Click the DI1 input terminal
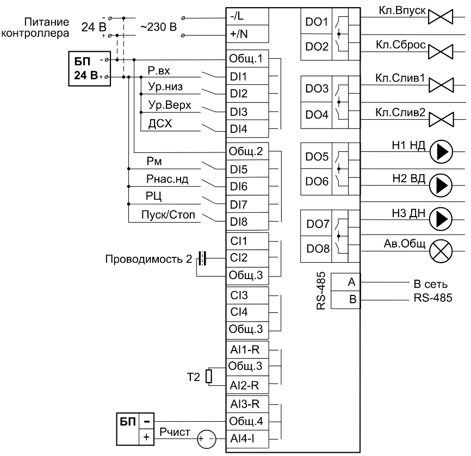coord(247,76)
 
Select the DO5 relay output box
coord(317,156)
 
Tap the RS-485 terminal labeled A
coord(345,282)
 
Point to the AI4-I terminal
coord(247,439)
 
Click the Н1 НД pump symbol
coord(441,152)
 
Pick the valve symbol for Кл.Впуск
coord(441,17)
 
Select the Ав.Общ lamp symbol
coord(441,251)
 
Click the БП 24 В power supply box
coord(90,69)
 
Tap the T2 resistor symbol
coord(209,377)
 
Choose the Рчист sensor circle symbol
coord(206,439)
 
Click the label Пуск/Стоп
coord(168,214)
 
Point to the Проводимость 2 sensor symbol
coord(202,258)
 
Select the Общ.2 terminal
coord(247,151)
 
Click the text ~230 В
coord(158,27)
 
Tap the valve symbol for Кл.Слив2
coord(441,119)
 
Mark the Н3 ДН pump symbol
coord(441,219)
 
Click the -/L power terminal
coord(247,16)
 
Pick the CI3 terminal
coord(247,295)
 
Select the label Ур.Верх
coord(170,105)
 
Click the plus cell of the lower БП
coord(146,437)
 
